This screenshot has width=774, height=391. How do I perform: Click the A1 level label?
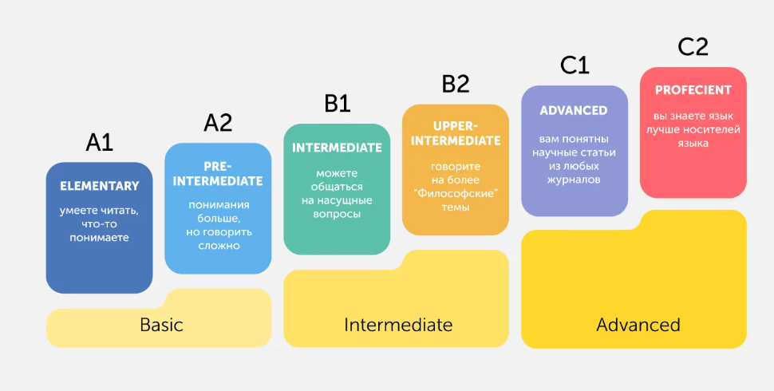tap(100, 142)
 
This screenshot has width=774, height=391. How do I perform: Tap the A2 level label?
tap(218, 122)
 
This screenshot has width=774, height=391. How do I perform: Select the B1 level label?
tap(337, 103)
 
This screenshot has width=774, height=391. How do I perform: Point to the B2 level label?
tap(456, 84)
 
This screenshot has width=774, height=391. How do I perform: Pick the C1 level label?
tap(575, 65)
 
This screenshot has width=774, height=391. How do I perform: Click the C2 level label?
tap(693, 47)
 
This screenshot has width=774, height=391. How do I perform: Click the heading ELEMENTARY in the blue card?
tap(99, 186)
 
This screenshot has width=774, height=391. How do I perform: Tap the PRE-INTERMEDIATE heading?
tap(217, 174)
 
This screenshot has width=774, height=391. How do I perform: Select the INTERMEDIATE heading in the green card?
tap(337, 148)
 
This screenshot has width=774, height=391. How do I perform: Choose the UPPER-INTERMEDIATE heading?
tap(456, 133)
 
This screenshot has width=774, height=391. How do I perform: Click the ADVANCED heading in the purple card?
tap(574, 110)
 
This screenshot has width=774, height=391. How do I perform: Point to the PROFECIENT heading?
tap(693, 90)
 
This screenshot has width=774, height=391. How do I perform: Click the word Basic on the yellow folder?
tap(161, 325)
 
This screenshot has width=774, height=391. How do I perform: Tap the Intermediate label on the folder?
tap(398, 325)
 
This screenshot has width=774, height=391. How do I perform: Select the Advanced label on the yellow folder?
tap(638, 325)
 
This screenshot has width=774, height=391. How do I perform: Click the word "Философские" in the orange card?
tap(456, 193)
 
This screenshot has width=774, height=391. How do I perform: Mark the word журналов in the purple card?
tap(574, 180)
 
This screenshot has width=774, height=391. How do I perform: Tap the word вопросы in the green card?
tap(337, 214)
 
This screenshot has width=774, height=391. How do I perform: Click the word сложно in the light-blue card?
tap(218, 245)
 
